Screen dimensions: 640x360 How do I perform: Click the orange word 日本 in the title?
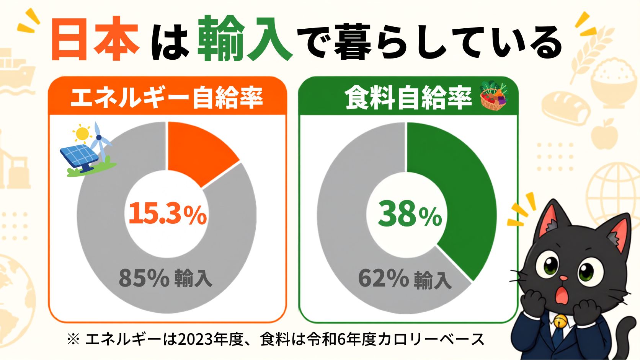coord(96,38)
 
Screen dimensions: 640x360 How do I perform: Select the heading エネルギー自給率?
coord(167,98)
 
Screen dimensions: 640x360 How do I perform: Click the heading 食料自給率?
coord(408,98)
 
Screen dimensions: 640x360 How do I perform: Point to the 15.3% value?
coord(168,214)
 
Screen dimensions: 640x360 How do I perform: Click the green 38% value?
coord(410,214)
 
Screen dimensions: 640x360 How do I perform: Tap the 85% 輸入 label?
coord(165,278)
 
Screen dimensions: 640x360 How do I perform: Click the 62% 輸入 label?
coord(405,279)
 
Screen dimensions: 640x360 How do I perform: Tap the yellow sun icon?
coord(83,133)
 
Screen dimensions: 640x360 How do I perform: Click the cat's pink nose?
coord(564,278)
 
